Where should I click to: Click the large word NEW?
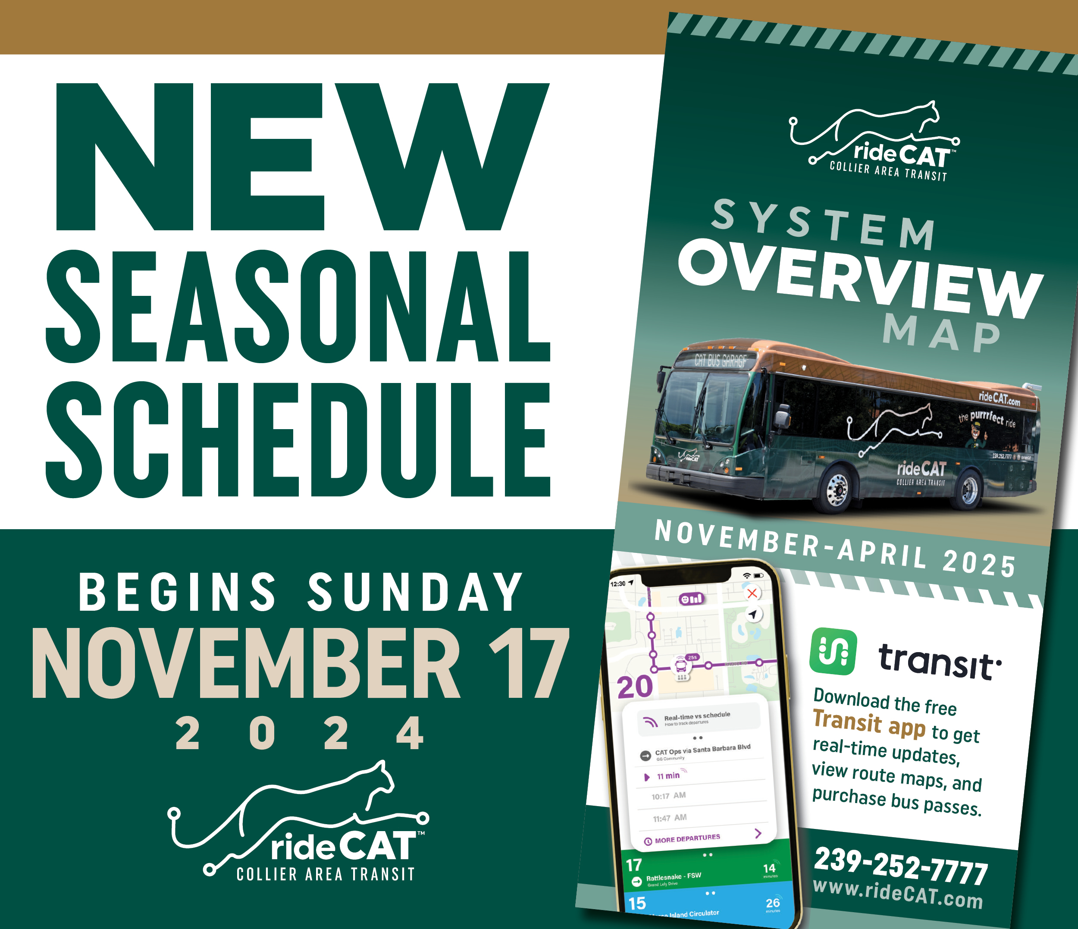(302, 156)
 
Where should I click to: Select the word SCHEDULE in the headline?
(298, 440)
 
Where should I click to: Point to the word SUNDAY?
(415, 592)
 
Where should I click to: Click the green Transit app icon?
(833, 651)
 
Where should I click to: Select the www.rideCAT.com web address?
(897, 894)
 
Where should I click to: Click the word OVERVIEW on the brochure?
(861, 279)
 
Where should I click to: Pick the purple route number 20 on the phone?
(635, 687)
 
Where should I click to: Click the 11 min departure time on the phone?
(668, 776)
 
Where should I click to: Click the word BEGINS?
(177, 592)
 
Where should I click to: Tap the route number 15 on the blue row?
(637, 903)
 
